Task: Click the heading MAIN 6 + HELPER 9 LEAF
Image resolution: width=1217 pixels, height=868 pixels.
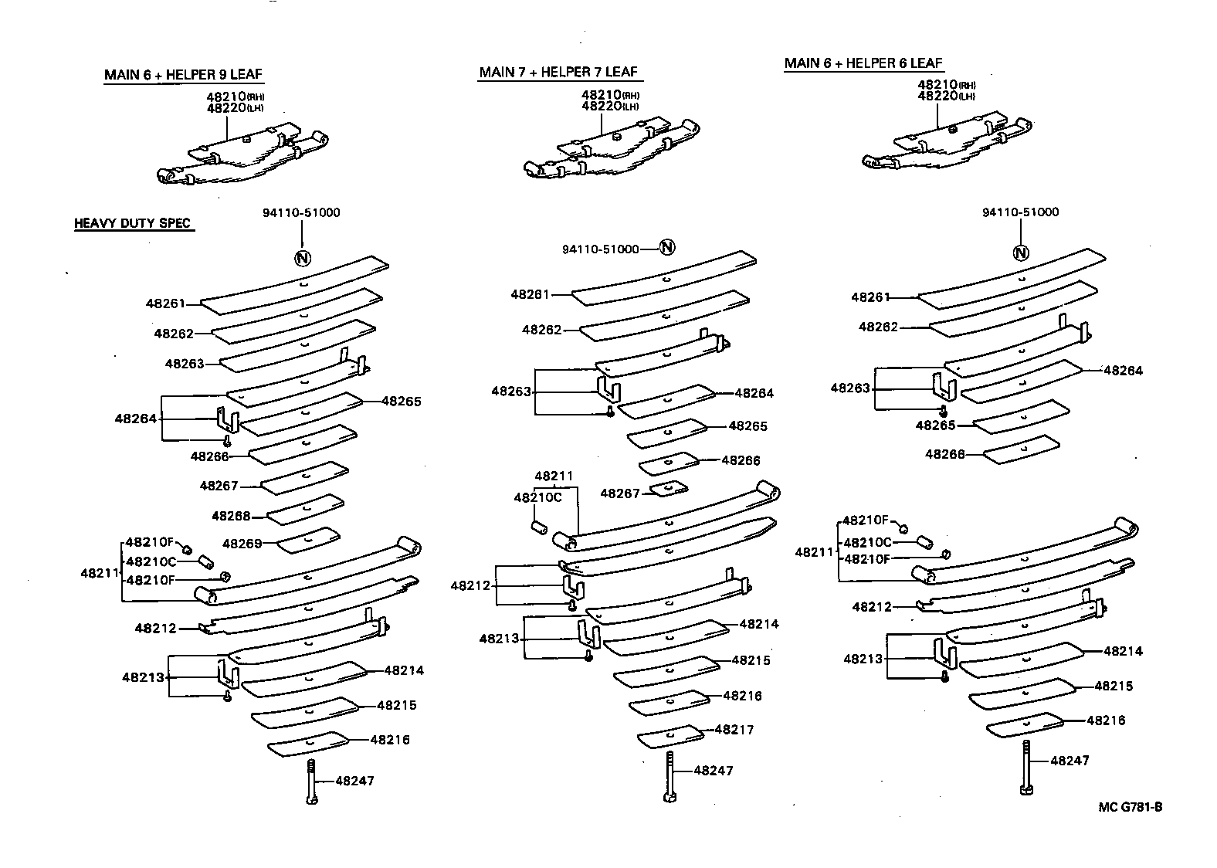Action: pos(184,75)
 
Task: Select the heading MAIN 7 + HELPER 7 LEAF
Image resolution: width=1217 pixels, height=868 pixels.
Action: pos(558,72)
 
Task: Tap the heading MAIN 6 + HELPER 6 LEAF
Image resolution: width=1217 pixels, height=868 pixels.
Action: pos(863,63)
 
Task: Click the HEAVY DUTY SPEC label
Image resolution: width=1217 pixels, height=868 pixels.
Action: pos(132,224)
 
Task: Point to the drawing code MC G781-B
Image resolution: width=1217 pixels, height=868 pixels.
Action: pos(1131,807)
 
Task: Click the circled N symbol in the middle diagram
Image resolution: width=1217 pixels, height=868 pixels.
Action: pos(668,247)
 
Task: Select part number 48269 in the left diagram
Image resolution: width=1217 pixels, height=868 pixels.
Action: pos(242,544)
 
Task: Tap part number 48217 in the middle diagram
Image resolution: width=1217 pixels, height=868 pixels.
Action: pos(734,730)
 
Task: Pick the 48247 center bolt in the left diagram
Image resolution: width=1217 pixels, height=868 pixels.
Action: pos(310,782)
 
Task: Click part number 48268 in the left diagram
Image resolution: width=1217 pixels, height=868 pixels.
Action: pos(231,516)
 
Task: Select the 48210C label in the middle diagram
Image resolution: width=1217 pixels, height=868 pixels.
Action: pos(537,497)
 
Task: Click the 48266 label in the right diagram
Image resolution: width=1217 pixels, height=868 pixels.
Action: pos(945,455)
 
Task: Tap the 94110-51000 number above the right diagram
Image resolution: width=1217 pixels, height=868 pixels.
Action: pos(1020,212)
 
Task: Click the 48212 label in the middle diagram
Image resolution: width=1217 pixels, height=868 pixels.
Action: pos(470,586)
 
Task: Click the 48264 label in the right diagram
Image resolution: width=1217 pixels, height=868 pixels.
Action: pos(1123,371)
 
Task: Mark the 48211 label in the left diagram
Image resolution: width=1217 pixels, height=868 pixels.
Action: pos(100,574)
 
